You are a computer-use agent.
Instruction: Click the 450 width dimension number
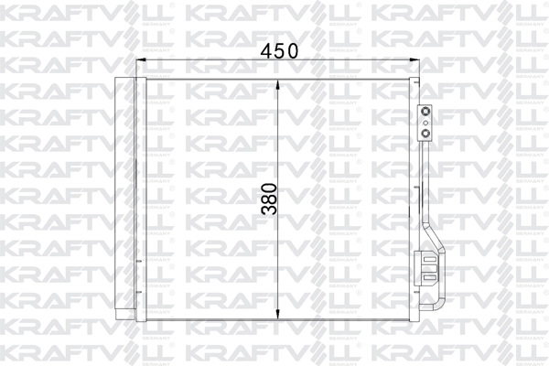279,52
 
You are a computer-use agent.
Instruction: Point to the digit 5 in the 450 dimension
279,52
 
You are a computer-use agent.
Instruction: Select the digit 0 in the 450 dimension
295,52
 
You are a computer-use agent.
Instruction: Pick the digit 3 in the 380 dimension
268,209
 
